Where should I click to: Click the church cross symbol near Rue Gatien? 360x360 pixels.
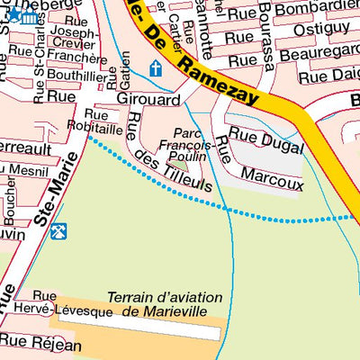155,67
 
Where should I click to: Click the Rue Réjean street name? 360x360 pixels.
40,341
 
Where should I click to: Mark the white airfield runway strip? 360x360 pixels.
135,332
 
